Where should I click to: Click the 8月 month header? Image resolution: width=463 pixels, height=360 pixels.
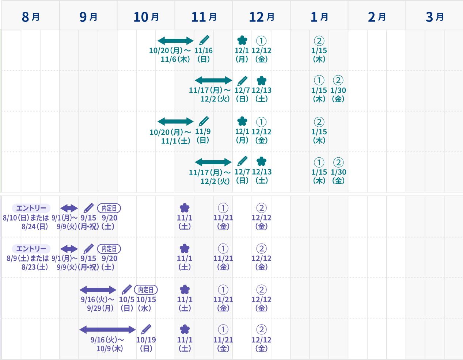point(31,17)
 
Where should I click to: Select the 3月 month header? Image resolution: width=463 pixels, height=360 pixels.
point(434,17)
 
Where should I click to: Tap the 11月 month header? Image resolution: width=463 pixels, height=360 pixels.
point(204,17)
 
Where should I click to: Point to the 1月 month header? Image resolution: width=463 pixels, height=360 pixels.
point(319,17)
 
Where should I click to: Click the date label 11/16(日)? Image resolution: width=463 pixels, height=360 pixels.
point(204,55)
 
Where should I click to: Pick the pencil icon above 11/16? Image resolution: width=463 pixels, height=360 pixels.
point(204,40)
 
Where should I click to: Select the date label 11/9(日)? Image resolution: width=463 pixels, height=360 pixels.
point(203,136)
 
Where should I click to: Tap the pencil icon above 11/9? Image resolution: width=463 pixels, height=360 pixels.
point(204,121)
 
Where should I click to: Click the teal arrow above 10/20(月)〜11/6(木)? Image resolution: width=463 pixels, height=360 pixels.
point(175,41)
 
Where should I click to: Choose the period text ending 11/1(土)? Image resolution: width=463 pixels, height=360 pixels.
point(171,136)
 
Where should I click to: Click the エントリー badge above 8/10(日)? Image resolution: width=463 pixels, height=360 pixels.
point(31,208)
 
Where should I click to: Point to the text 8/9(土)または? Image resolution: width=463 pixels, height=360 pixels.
point(28,258)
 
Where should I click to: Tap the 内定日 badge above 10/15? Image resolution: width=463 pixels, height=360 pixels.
point(146,290)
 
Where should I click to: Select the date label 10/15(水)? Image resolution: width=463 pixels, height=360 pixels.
point(146,304)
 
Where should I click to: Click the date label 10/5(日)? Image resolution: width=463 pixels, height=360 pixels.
point(127,304)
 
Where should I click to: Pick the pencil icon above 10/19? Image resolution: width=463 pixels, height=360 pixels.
point(146,329)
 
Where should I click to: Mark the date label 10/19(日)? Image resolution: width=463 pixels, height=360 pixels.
point(146,344)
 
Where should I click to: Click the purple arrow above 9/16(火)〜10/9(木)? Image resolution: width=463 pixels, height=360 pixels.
point(107,330)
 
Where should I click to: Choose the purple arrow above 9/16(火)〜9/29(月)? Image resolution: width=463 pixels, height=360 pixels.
point(98,290)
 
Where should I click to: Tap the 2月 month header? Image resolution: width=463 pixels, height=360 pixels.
point(377,17)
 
